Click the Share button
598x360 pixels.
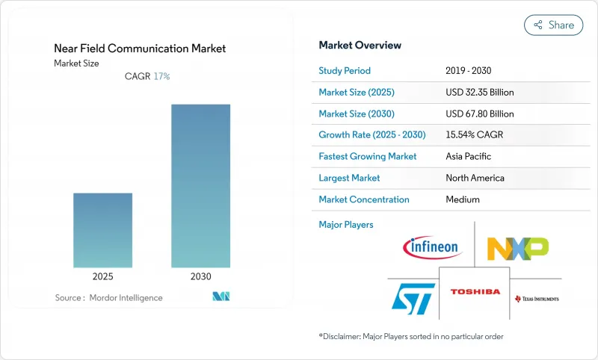click(x=554, y=25)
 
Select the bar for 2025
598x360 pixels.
click(x=102, y=230)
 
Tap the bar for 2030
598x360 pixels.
click(x=200, y=185)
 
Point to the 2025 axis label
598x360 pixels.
click(x=102, y=276)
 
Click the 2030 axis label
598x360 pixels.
click(x=200, y=276)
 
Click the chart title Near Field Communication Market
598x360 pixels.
click(x=140, y=49)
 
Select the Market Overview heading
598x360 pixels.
click(x=360, y=46)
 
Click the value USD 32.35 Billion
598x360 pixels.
click(x=479, y=92)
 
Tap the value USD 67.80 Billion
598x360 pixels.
click(x=479, y=114)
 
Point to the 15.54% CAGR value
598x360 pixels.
click(x=475, y=135)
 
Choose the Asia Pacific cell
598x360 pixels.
click(x=469, y=157)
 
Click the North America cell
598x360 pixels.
click(x=474, y=179)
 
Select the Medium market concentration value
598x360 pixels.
click(x=462, y=199)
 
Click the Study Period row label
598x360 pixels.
click(x=345, y=71)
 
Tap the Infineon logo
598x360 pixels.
click(x=432, y=247)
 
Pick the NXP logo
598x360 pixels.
click(x=517, y=247)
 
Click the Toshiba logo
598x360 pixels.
click(x=475, y=291)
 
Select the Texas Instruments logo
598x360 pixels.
click(x=537, y=299)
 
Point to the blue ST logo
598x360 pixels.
click(x=413, y=297)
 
